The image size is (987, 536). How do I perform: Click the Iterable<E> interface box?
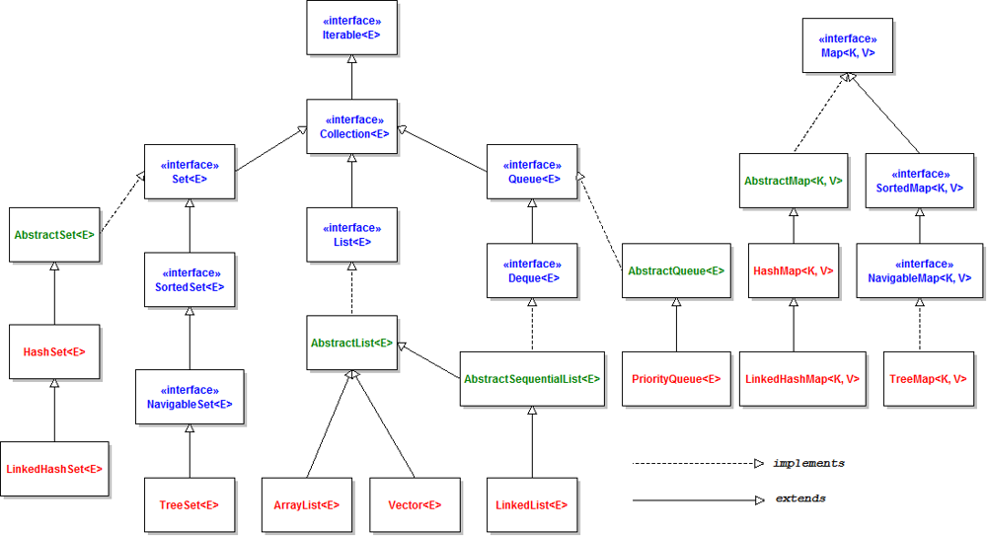(x=351, y=28)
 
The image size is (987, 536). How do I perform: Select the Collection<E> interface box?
(x=351, y=126)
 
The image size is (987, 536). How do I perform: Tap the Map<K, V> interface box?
(x=848, y=45)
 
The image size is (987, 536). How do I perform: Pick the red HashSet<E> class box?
(x=54, y=350)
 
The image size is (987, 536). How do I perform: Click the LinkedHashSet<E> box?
(x=54, y=469)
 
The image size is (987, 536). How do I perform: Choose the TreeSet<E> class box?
(x=189, y=504)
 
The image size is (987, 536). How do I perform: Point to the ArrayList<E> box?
(x=306, y=504)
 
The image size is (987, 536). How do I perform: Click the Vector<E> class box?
(x=415, y=504)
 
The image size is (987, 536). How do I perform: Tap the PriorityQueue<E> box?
(x=676, y=378)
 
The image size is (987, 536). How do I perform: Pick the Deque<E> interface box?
(x=532, y=271)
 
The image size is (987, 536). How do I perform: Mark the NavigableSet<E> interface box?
(x=189, y=396)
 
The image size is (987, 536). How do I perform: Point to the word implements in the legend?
(x=808, y=463)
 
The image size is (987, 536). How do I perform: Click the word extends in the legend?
(x=800, y=498)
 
